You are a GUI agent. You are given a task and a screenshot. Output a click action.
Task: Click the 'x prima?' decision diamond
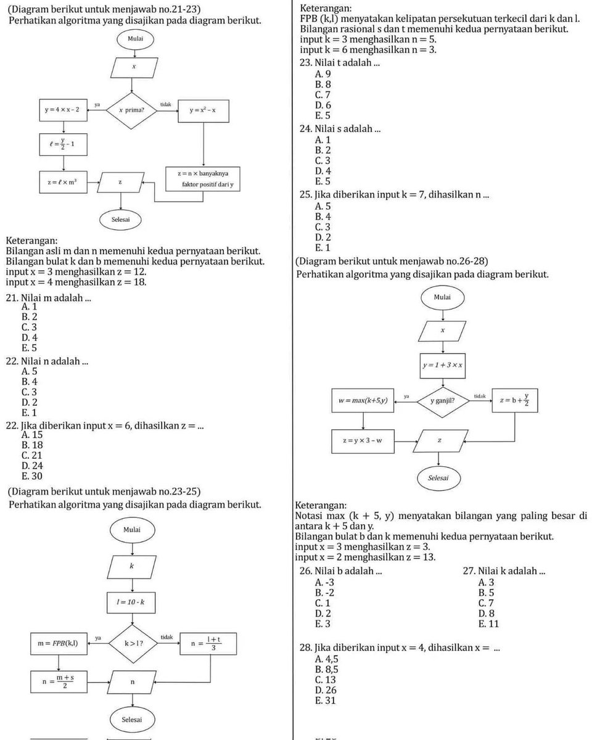(x=131, y=110)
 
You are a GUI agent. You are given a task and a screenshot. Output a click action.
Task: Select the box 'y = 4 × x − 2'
(x=64, y=110)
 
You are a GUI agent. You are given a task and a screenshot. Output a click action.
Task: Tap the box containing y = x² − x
(x=203, y=111)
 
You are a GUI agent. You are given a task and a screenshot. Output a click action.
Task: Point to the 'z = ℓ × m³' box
(x=64, y=182)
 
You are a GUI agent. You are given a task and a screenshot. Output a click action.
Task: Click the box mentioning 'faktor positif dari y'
(x=203, y=179)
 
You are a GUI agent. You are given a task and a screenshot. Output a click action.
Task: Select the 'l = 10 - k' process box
(x=131, y=602)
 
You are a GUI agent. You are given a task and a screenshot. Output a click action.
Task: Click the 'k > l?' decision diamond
(x=133, y=643)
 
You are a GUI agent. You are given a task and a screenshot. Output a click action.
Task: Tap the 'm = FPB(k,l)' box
(x=59, y=643)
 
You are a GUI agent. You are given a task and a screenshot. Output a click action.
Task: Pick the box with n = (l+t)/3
(x=208, y=643)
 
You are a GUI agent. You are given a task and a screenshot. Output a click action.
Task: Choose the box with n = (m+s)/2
(x=59, y=681)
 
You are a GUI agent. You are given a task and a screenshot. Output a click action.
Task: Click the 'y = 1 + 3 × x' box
(x=442, y=366)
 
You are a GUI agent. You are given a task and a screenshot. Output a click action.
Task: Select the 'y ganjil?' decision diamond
(x=443, y=401)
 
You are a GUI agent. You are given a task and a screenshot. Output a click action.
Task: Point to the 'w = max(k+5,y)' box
(x=363, y=400)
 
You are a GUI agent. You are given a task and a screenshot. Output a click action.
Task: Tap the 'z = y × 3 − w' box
(x=363, y=441)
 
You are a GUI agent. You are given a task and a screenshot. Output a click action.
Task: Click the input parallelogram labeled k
(x=132, y=566)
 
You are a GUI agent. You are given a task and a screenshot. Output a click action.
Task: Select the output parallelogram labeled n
(x=132, y=681)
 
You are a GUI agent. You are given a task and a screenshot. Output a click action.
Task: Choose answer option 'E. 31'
(x=325, y=701)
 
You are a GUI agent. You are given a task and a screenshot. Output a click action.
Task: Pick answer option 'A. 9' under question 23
(x=323, y=74)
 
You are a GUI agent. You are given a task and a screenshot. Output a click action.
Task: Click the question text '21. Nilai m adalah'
(x=49, y=297)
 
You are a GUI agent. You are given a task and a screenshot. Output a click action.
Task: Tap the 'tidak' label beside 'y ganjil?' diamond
(x=480, y=396)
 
